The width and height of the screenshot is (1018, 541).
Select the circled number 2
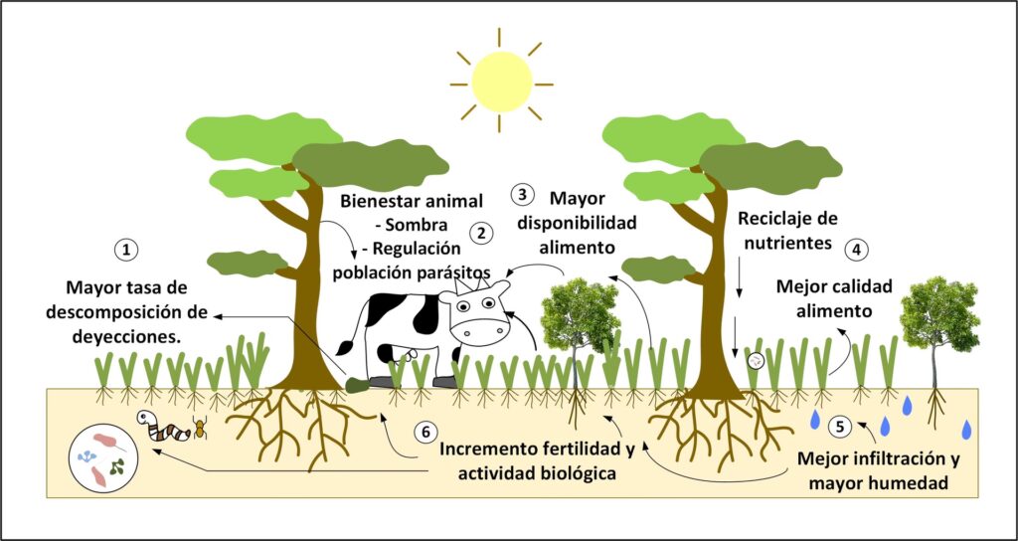[x=481, y=234]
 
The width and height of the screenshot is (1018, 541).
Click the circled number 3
[x=524, y=196]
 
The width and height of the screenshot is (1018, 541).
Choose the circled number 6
[x=424, y=434]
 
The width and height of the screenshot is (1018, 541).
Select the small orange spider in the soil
[x=200, y=429]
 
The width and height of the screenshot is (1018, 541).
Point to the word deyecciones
[x=128, y=335]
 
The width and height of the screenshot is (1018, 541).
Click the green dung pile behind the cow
[x=355, y=383]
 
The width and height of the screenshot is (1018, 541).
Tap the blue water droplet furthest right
[x=967, y=429]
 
